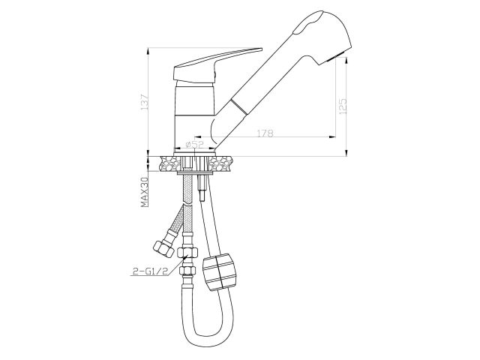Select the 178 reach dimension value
point(262,133)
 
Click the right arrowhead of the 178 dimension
point(330,136)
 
